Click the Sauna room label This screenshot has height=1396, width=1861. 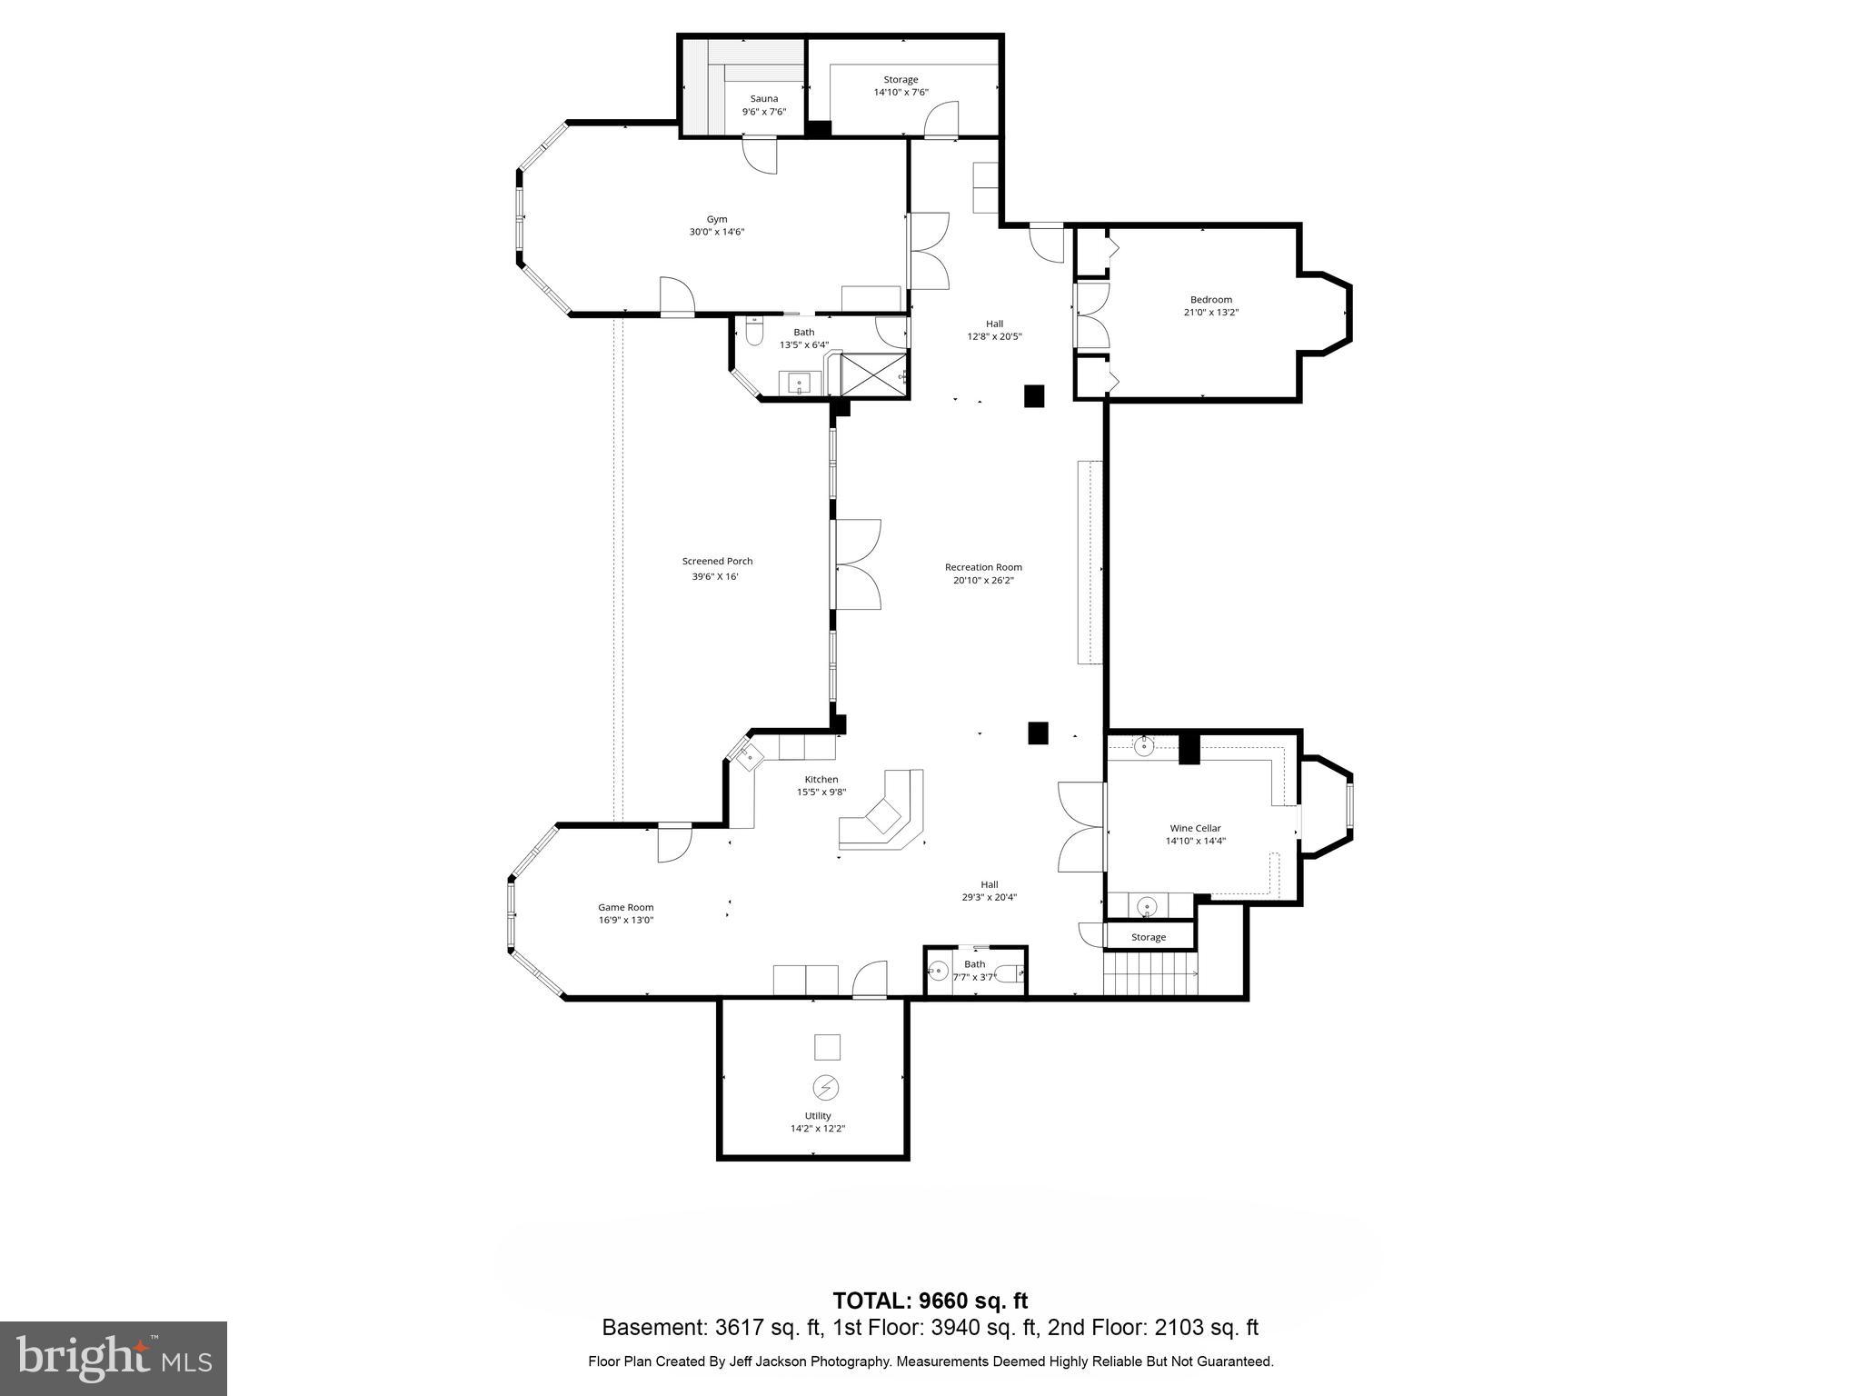point(763,99)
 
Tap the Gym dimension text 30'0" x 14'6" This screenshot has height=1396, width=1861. point(716,232)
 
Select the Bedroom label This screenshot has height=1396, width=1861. point(1210,300)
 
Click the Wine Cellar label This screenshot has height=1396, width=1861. point(1195,828)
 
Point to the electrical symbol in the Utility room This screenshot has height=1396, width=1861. point(825,1087)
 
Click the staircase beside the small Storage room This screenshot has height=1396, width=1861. point(1150,974)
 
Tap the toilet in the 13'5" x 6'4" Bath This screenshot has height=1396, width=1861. point(753,334)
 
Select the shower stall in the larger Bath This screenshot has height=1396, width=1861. point(874,375)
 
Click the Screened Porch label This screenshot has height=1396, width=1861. point(717,562)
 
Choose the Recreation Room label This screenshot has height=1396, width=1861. point(982,567)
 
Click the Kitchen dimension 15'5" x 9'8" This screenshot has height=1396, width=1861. point(821,792)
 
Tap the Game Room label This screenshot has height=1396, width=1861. point(625,907)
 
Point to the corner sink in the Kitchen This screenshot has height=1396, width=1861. point(749,756)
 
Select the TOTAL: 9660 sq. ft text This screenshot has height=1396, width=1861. point(930,1301)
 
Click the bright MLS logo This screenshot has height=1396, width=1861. point(114,1359)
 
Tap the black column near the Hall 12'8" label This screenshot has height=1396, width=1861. point(1033,396)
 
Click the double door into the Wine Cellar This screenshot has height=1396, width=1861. point(1080,828)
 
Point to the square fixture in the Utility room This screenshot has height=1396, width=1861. point(826,1047)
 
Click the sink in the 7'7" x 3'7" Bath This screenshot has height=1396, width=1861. point(937,972)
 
